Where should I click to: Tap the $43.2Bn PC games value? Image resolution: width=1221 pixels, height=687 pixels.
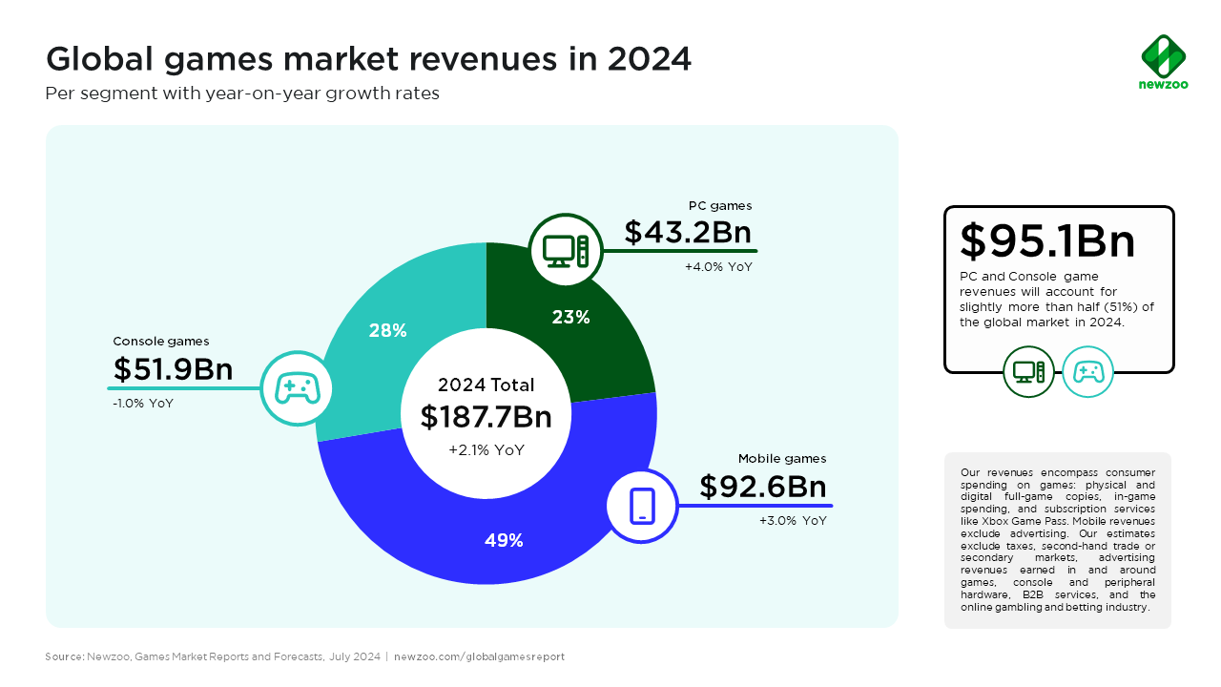click(687, 232)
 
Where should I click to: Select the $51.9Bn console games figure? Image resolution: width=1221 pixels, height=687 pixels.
click(173, 369)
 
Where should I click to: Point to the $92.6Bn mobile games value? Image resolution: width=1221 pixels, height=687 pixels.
click(762, 487)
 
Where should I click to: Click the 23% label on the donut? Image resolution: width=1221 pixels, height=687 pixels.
click(570, 318)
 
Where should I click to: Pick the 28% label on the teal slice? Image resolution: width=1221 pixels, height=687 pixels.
click(388, 331)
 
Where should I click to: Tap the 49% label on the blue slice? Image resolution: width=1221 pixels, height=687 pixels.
click(504, 540)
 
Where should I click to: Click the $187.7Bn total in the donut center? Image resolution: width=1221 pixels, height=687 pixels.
click(486, 417)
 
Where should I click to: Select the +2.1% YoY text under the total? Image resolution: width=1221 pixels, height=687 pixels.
click(486, 450)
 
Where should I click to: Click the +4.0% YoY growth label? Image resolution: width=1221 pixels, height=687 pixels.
click(718, 267)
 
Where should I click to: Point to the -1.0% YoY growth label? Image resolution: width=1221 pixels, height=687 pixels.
click(143, 404)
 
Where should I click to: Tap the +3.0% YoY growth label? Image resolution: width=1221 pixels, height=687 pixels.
click(793, 521)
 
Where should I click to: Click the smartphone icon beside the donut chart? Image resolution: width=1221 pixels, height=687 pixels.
click(642, 505)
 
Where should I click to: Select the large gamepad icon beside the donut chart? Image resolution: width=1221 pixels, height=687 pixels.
click(297, 388)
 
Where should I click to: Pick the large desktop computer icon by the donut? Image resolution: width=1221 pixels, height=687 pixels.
click(566, 250)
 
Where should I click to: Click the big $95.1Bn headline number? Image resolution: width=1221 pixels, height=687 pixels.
click(1047, 241)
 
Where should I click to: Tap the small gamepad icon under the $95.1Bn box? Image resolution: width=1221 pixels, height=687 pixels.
click(1087, 371)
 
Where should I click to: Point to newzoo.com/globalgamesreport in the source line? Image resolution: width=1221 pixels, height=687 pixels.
click(479, 656)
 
